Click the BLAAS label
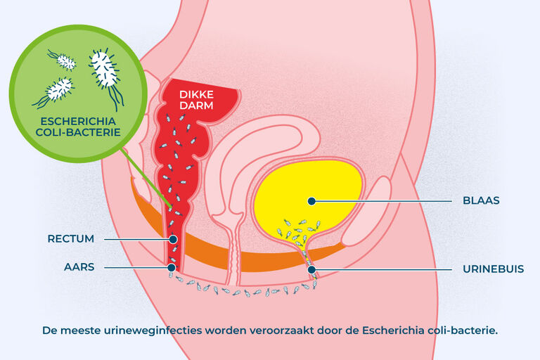pyautogui.click(x=481, y=200)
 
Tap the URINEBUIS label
pyautogui.click(x=493, y=269)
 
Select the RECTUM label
pyautogui.click(x=70, y=239)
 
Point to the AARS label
pyautogui.click(x=79, y=267)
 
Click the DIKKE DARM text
pyautogui.click(x=196, y=100)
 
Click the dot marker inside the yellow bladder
pyautogui.click(x=311, y=201)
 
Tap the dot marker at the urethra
pyautogui.click(x=311, y=269)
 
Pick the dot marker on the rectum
pyautogui.click(x=173, y=239)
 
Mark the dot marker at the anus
pyautogui.click(x=172, y=267)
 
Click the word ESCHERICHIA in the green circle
pyautogui.click(x=78, y=121)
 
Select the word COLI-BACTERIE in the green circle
pyautogui.click(x=78, y=132)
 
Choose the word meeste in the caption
pyautogui.click(x=81, y=330)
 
